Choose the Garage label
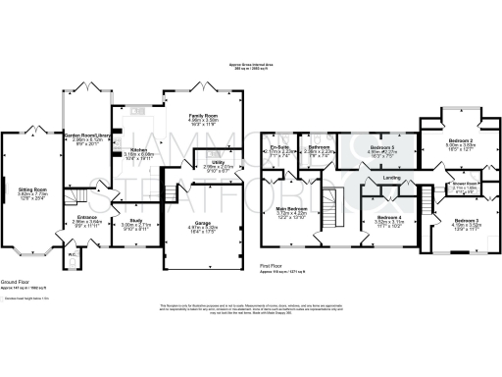(x=203, y=222)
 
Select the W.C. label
(x=73, y=258)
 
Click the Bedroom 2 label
(x=459, y=140)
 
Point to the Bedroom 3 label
(x=465, y=219)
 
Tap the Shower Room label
(x=464, y=181)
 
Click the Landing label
(x=391, y=177)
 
